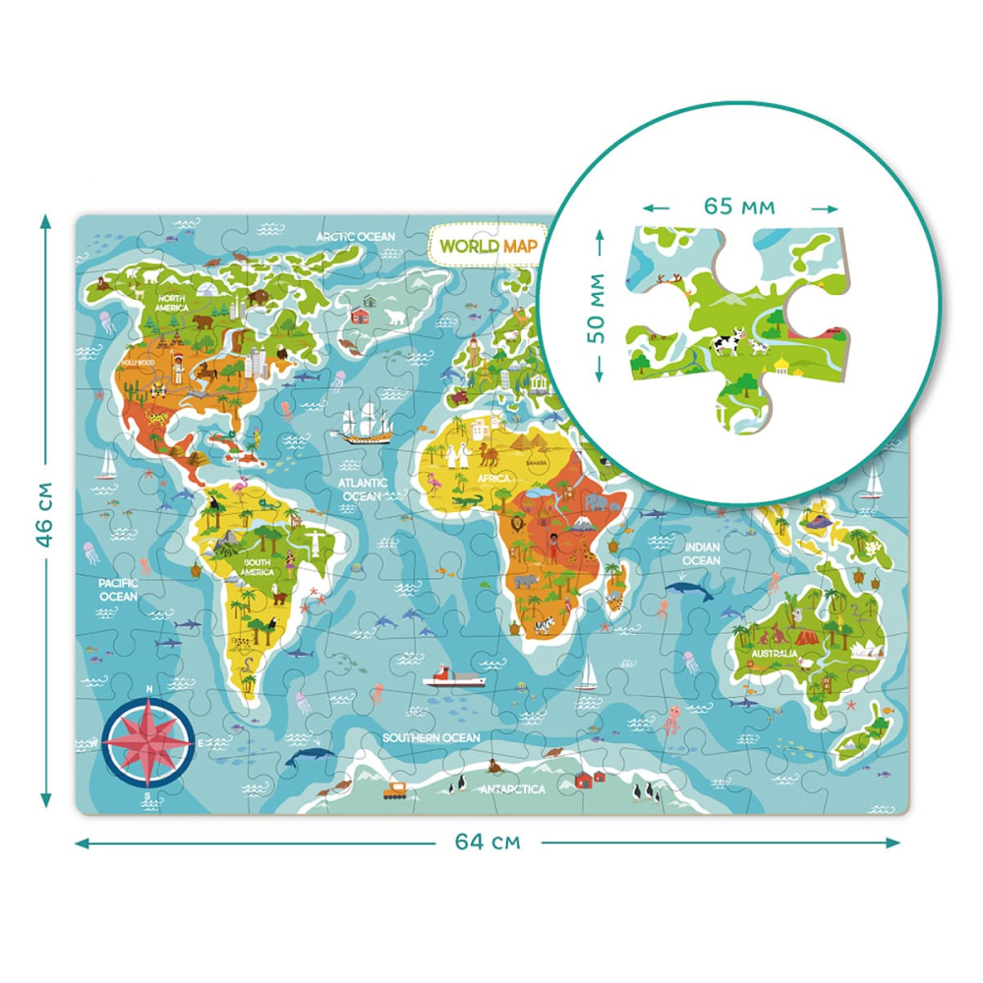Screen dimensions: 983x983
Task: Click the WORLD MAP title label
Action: [x=487, y=245]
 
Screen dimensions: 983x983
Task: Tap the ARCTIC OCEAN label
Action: [x=355, y=237]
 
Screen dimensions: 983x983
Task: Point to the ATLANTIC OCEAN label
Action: [x=361, y=490]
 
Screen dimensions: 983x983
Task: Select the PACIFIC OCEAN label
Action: [x=118, y=590]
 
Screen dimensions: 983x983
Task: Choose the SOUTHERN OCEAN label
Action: [x=432, y=737]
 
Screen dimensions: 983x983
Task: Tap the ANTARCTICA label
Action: [x=512, y=788]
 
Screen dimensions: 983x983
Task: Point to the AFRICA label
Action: [x=493, y=479]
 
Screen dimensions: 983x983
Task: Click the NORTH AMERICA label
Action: [x=172, y=303]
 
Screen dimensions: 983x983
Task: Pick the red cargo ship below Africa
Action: [x=454, y=677]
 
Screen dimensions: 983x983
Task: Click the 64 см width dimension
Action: [x=488, y=841]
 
